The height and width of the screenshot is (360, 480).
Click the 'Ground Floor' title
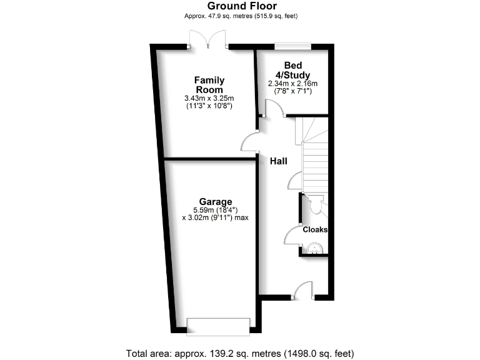(240, 6)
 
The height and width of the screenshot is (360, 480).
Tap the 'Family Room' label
(209, 85)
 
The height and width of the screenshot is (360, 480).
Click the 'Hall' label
(278, 161)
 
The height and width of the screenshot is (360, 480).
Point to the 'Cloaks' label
(315, 229)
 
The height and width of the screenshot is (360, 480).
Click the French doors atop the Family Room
(209, 42)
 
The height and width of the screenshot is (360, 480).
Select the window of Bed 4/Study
(293, 45)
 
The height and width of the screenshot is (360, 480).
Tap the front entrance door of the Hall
(304, 291)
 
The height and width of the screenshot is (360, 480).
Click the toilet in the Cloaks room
(314, 204)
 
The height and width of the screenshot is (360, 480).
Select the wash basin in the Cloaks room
(314, 249)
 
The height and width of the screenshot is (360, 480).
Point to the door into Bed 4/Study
(273, 110)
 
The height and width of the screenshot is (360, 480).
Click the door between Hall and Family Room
(251, 142)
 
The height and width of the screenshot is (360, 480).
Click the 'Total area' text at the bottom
(240, 352)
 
